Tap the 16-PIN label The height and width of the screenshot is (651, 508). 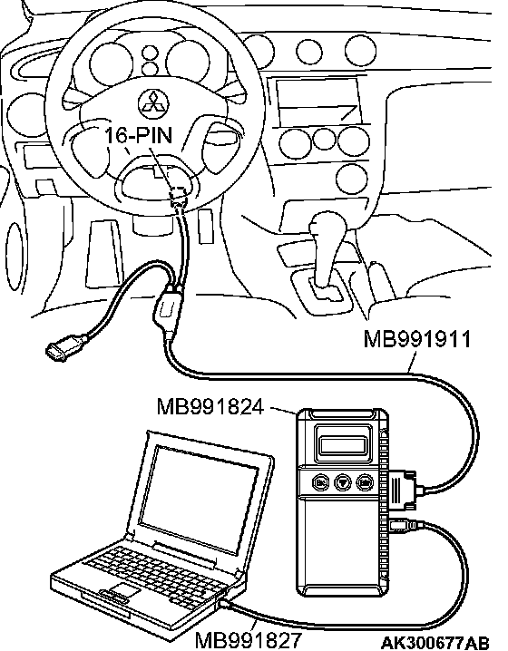tap(138, 135)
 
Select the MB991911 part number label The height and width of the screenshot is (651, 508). tap(417, 339)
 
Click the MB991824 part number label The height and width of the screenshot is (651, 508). tap(210, 406)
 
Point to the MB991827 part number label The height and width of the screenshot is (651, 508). tap(248, 640)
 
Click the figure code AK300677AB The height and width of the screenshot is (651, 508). tap(435, 642)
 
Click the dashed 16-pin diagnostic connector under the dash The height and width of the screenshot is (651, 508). tap(179, 192)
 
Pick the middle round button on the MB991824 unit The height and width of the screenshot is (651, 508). tap(343, 483)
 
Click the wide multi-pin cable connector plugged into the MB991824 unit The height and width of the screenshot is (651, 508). tap(402, 490)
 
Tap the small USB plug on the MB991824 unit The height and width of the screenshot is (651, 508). tap(405, 526)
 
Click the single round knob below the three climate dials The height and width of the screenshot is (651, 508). tap(351, 179)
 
